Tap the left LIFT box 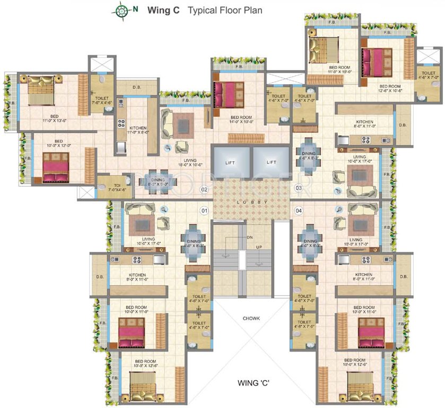coord(230,162)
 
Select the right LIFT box coord(271,162)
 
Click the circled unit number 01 coord(204,211)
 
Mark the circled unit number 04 coord(299,211)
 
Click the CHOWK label coord(252,319)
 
